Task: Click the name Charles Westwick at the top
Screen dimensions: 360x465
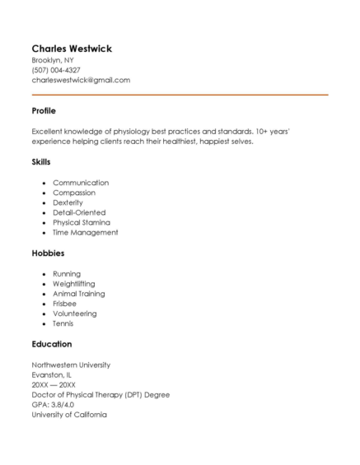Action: [x=72, y=49]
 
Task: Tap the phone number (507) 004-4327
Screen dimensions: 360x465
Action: [x=56, y=70]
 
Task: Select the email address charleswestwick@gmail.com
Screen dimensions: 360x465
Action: [x=81, y=81]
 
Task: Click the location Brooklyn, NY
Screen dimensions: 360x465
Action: [x=52, y=60]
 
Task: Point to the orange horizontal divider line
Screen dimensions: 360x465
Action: [x=180, y=95]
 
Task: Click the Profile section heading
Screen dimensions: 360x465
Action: [x=44, y=110]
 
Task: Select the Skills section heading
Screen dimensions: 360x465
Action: [x=41, y=162]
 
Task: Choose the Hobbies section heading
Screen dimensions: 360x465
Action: [x=48, y=253]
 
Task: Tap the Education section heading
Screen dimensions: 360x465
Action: [x=52, y=344]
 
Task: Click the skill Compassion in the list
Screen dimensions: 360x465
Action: [x=74, y=193]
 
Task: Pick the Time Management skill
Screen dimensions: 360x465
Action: [x=86, y=232]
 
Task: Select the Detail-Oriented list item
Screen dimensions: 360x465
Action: [x=79, y=212]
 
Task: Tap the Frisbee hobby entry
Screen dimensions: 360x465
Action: [x=64, y=304]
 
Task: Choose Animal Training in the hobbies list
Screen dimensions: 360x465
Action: [x=79, y=294]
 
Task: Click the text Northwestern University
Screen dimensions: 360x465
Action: [x=71, y=365]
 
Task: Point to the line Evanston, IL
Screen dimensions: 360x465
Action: [x=51, y=374]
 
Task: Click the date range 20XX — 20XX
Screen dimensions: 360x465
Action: [x=54, y=384]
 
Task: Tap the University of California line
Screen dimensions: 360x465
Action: [x=69, y=414]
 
